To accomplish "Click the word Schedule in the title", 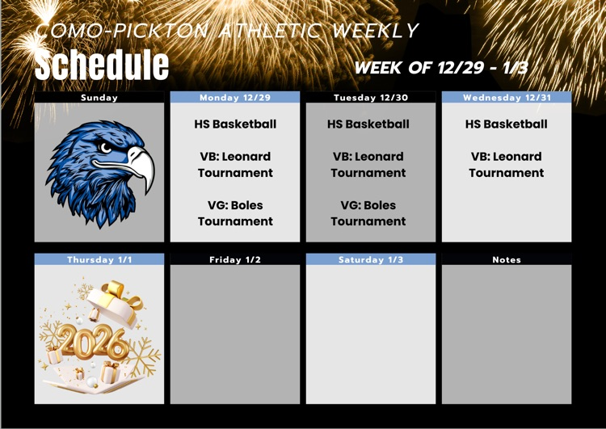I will (102, 65).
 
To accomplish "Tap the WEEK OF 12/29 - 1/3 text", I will (441, 68).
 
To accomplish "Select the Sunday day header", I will (99, 98).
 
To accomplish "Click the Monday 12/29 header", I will (235, 98).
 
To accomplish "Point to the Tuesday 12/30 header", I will (371, 98).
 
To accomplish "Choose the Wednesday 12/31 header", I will (507, 98).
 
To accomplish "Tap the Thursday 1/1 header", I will (99, 260).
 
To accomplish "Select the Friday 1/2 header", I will (235, 260).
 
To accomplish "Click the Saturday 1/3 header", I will (371, 260).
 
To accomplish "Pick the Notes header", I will (507, 260).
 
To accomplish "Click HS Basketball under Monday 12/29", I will (235, 124).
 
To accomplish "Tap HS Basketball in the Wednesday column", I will (507, 124).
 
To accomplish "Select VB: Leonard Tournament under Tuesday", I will (368, 165).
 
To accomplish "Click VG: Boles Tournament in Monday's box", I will (235, 213).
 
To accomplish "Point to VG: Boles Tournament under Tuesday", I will (368, 213).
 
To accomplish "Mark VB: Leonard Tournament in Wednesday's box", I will (507, 165).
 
